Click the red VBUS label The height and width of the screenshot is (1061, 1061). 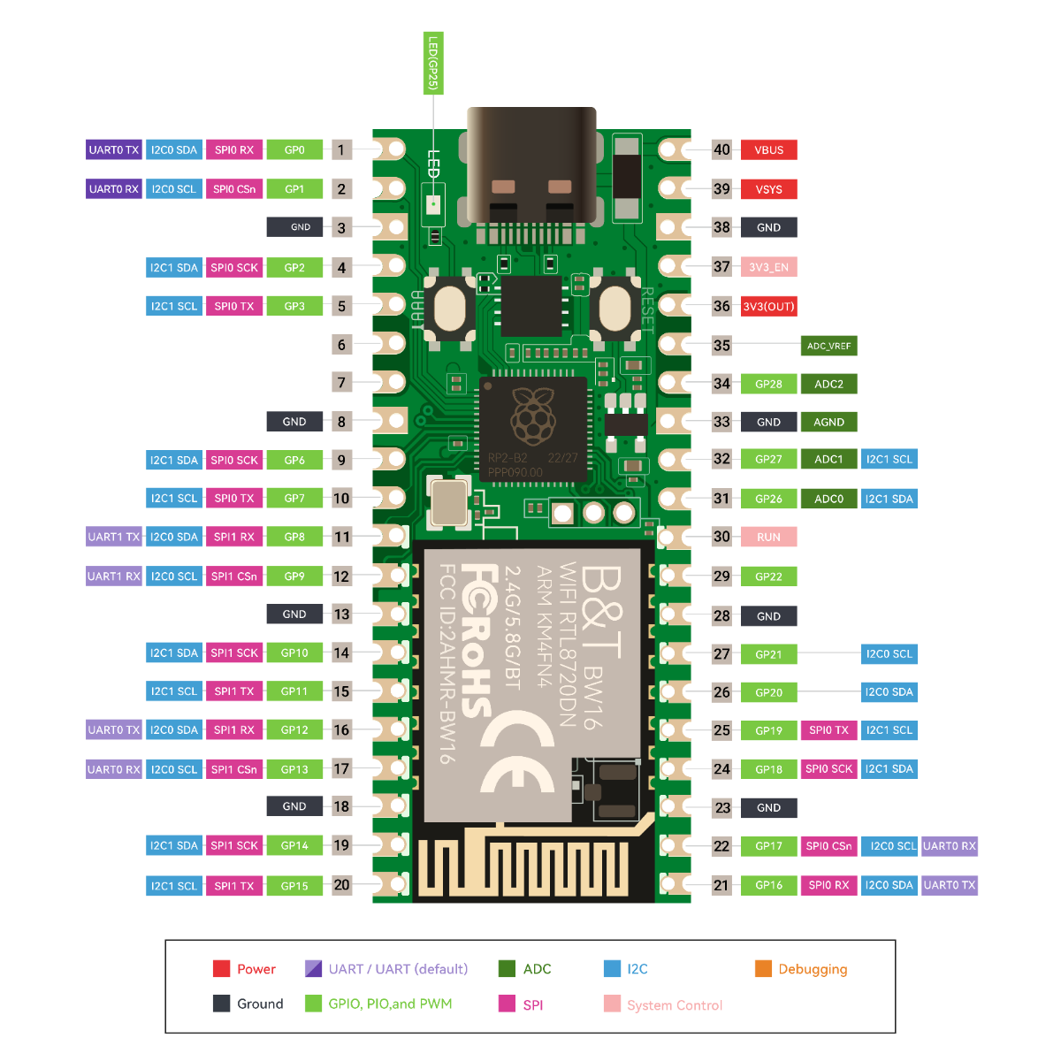point(768,150)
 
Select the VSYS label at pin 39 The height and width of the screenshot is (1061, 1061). point(768,189)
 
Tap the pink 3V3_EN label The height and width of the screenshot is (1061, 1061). point(768,267)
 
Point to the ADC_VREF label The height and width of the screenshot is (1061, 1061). point(828,346)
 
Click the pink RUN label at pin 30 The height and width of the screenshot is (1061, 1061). point(768,537)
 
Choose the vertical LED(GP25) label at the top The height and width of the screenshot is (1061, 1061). point(433,63)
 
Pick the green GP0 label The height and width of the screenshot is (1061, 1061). point(294,150)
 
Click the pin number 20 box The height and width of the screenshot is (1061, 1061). point(341,885)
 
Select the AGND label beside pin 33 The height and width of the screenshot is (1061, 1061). point(828,422)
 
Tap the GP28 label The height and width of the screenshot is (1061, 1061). point(768,384)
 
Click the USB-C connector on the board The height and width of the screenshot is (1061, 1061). point(531,168)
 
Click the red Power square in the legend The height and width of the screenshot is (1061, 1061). point(221,968)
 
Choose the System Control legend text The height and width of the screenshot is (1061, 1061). point(674,1005)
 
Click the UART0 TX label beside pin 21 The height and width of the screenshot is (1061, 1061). point(950,885)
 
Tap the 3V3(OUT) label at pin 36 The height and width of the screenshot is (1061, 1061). point(768,307)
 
